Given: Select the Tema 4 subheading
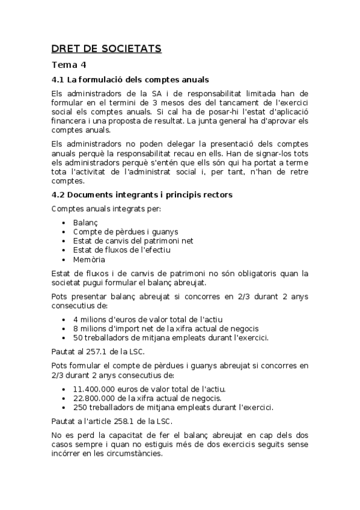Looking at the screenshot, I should click(69, 65).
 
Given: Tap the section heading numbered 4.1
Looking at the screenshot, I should click(130, 79).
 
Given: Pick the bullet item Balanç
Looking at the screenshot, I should click(85, 223).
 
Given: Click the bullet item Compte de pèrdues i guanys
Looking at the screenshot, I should click(125, 232).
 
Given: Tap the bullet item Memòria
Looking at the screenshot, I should click(89, 260).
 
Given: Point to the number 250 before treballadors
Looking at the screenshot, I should click(80, 407).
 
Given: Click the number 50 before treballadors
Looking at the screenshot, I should click(78, 337).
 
